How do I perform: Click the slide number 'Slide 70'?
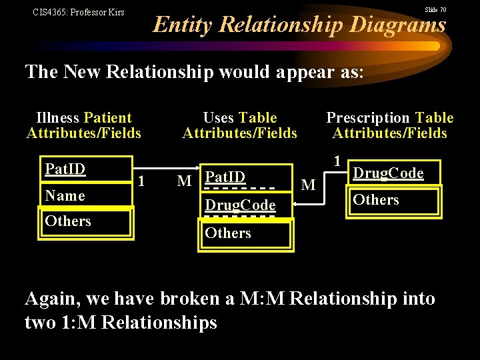click(x=435, y=10)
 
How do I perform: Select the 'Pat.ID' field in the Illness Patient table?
click(x=65, y=169)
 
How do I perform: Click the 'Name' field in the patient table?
click(x=65, y=195)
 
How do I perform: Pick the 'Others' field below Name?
click(x=68, y=221)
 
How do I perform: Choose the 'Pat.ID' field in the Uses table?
click(x=225, y=177)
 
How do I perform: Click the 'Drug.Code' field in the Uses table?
click(x=240, y=205)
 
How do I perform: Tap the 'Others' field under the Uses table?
click(x=228, y=233)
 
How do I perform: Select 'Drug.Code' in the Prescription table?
click(x=388, y=173)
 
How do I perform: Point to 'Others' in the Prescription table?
click(x=376, y=200)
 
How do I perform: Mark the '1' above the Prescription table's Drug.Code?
click(x=338, y=161)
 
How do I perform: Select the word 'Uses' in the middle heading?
click(x=218, y=118)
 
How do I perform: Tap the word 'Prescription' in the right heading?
click(x=368, y=118)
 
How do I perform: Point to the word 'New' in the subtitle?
click(x=82, y=71)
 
